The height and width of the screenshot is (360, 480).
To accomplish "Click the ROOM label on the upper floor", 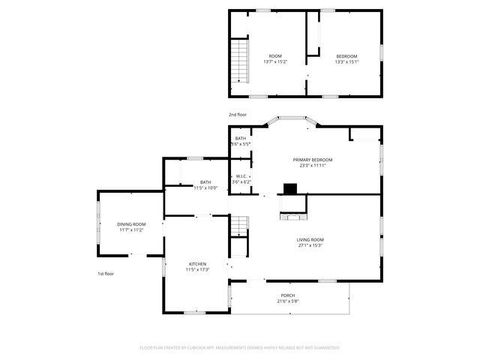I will [x=274, y=55].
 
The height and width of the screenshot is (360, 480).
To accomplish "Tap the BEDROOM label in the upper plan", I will [x=346, y=55].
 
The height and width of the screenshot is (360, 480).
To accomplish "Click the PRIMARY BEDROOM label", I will [x=312, y=160].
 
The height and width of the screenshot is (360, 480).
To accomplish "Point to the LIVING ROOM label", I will [x=309, y=240].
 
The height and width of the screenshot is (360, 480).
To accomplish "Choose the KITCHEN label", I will [x=197, y=264].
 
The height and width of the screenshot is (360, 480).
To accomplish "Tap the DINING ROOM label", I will [x=131, y=224].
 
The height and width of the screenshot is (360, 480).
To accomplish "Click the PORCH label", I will [x=287, y=296].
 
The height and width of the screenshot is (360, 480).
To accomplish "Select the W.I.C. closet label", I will [x=241, y=176].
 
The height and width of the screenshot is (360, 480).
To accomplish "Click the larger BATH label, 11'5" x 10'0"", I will [x=205, y=182].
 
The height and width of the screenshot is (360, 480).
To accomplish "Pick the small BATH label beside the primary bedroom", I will [x=241, y=139].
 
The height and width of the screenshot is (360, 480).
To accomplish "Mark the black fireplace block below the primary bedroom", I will [x=290, y=188].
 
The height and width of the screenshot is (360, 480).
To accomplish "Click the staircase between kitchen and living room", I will [x=238, y=229].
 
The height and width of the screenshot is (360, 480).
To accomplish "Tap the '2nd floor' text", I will [x=238, y=115].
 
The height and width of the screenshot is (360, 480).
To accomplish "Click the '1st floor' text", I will [x=105, y=273].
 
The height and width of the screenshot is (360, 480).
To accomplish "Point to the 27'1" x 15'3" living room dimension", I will [x=309, y=246].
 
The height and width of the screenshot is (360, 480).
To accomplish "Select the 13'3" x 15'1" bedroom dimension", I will [x=346, y=61].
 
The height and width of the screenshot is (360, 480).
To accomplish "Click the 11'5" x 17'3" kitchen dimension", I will [x=197, y=270].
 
